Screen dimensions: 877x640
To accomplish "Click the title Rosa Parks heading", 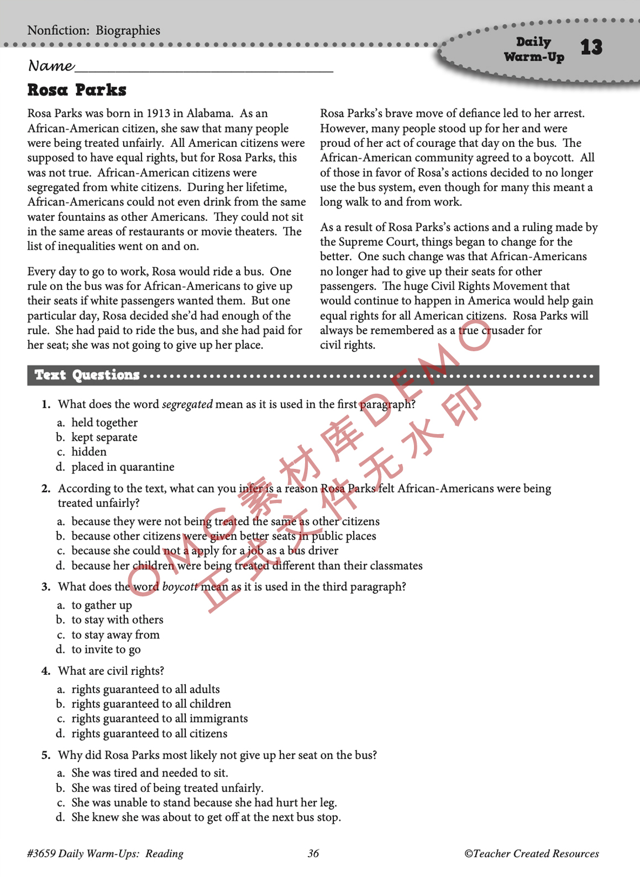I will click(77, 90).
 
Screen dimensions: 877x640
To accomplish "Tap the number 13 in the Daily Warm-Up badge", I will click(591, 47).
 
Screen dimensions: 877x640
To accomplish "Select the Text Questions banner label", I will click(87, 376).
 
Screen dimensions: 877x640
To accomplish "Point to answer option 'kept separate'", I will click(104, 437).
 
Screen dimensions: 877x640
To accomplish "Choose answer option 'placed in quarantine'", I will click(123, 467).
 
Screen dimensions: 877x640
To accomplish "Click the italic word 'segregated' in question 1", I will click(187, 404).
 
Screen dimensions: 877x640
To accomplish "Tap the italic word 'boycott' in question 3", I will click(180, 587).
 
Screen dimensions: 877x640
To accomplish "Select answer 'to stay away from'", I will click(115, 635).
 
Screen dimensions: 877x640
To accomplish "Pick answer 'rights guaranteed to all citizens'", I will click(149, 734).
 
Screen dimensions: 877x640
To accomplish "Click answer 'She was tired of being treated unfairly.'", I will click(167, 788).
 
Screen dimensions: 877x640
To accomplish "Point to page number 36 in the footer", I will click(313, 854).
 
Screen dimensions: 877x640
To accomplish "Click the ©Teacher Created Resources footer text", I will click(532, 854).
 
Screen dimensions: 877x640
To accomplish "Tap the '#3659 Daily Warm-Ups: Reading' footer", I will click(105, 854).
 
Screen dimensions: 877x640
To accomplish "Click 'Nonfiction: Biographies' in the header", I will click(93, 31).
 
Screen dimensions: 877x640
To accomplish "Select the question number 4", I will click(46, 672).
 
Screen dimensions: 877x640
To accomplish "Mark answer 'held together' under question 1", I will click(104, 423).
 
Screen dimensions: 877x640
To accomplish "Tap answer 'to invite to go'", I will click(106, 650).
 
